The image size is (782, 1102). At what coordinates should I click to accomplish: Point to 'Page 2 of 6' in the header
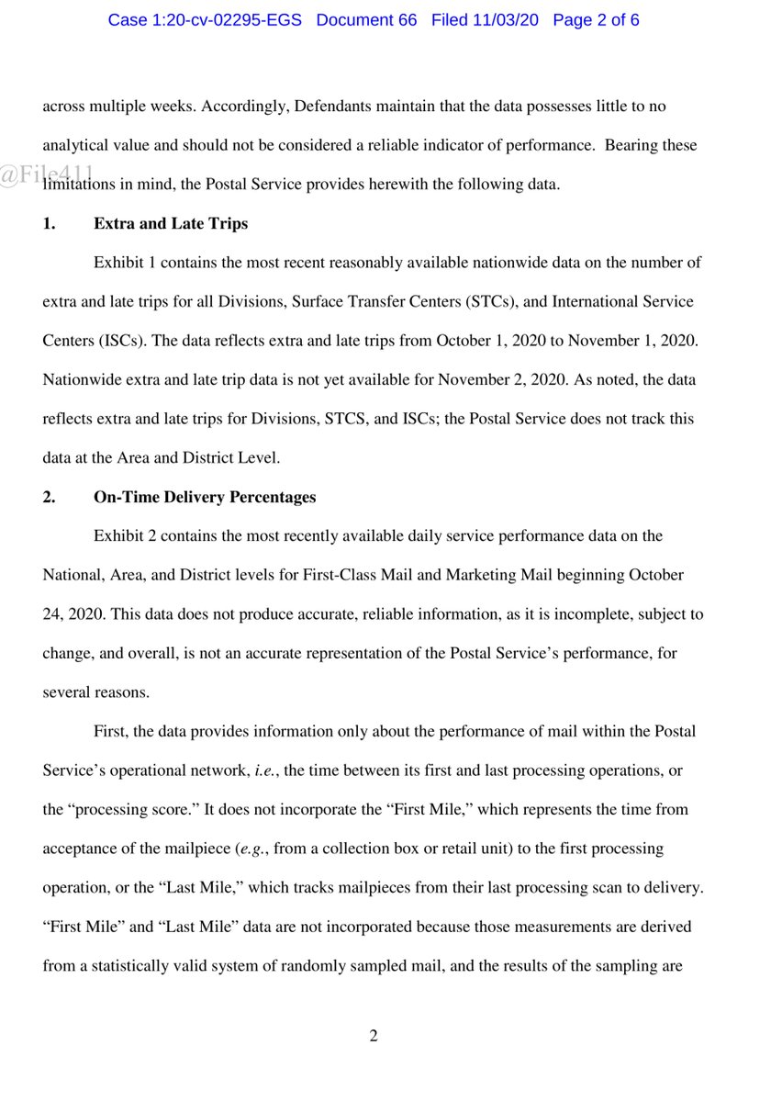pos(596,19)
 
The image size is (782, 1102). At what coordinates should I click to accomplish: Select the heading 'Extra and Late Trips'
pos(171,223)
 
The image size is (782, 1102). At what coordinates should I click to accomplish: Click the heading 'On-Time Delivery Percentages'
pos(205,497)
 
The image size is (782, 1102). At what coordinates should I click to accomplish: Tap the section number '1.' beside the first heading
pos(50,223)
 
